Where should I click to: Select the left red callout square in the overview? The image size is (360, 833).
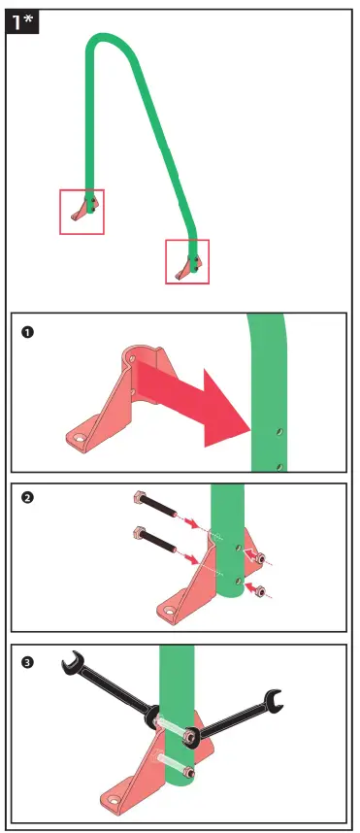pos(82,212)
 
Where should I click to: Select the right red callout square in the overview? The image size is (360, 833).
pos(187,261)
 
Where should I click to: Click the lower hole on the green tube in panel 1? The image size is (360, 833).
pos(278,466)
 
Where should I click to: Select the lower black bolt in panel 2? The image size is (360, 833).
pos(160,544)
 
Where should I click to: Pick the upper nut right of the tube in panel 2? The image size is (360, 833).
pos(258,555)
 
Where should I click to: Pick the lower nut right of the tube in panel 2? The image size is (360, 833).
pos(257,588)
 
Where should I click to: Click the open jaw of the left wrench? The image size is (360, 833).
pos(69,665)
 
